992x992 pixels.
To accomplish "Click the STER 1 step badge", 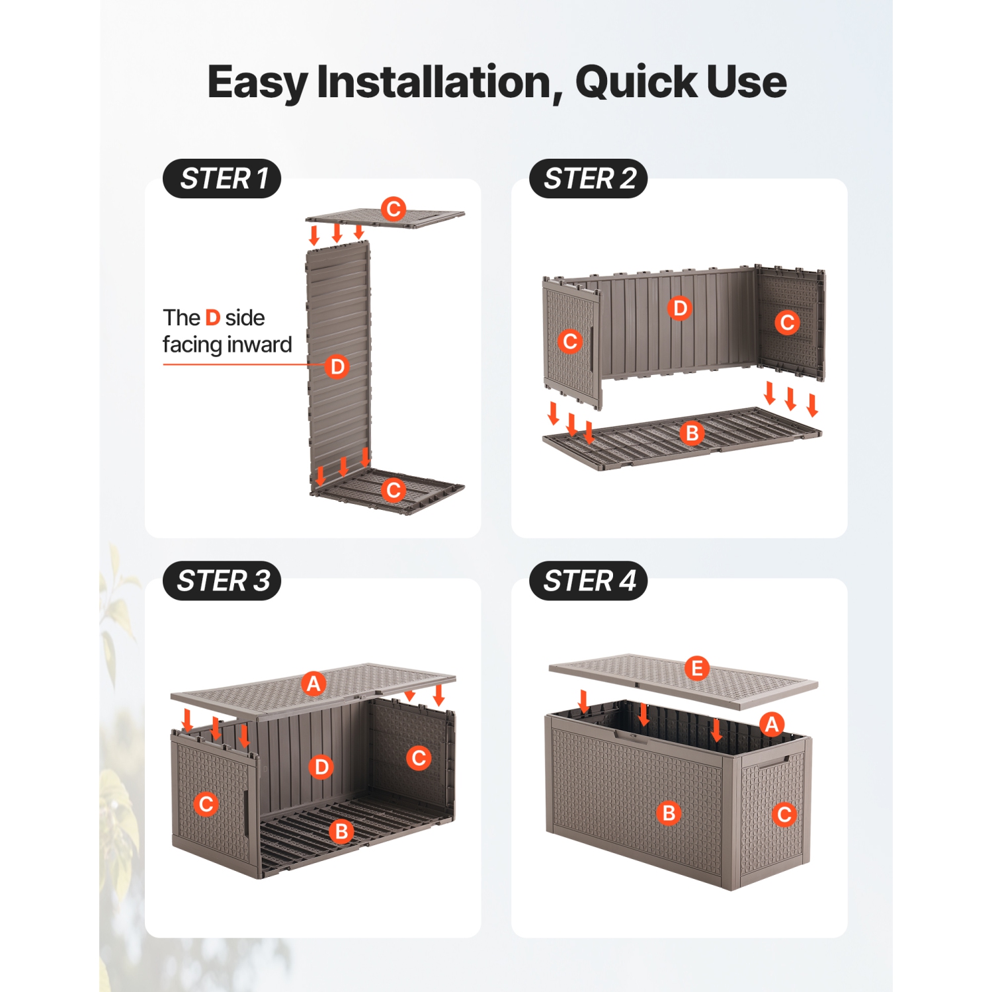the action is (222, 179).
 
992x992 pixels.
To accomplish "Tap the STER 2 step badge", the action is (589, 179).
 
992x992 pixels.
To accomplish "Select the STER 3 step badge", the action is (222, 581).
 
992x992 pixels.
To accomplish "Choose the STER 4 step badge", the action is (589, 581).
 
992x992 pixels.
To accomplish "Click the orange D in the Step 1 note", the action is (212, 318).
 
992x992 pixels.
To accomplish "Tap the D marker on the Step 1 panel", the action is (337, 366).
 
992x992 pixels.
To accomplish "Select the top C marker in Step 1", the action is (393, 209).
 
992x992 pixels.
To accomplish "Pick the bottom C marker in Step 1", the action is (393, 490).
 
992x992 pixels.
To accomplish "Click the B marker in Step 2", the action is (692, 433).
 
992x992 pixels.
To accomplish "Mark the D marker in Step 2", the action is (679, 308).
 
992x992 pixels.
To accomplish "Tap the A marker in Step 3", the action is (313, 683).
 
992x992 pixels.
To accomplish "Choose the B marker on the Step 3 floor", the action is (342, 831).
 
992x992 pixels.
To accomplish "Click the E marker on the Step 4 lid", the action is (697, 668).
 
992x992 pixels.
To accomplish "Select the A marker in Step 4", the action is (772, 724).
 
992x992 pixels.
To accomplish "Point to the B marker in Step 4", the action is (669, 813).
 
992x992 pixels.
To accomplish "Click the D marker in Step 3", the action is (321, 767).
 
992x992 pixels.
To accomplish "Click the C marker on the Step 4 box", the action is (785, 814).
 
